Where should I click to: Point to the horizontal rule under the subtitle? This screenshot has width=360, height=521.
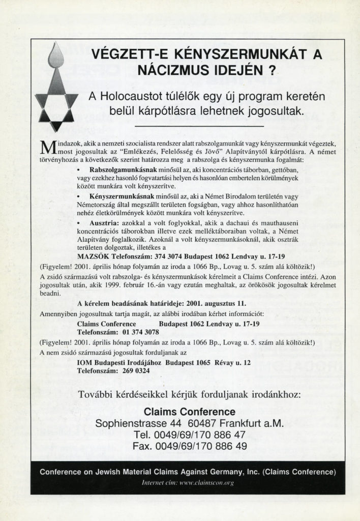click(x=197, y=126)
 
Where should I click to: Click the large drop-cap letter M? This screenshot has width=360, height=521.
click(x=45, y=147)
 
